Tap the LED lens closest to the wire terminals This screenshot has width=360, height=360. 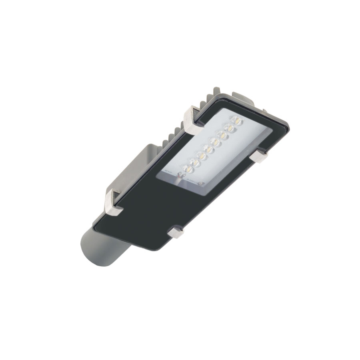pos(188,169)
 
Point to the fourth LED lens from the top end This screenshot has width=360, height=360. pos(216,142)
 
